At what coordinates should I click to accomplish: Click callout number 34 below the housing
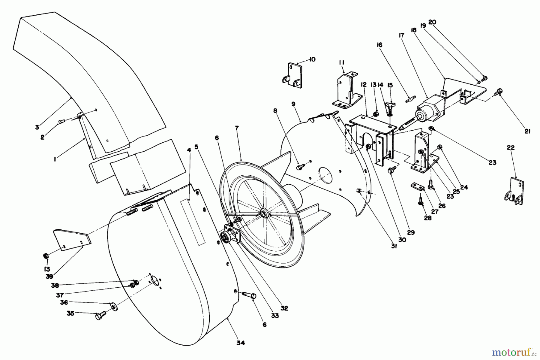coord(241,343)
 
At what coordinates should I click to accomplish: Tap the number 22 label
coord(511,147)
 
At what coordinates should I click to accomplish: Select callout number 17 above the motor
coord(401,35)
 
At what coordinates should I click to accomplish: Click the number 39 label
coord(49,277)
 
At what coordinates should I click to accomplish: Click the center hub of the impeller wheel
coord(264,213)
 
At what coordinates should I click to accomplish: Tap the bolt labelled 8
coord(300,166)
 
